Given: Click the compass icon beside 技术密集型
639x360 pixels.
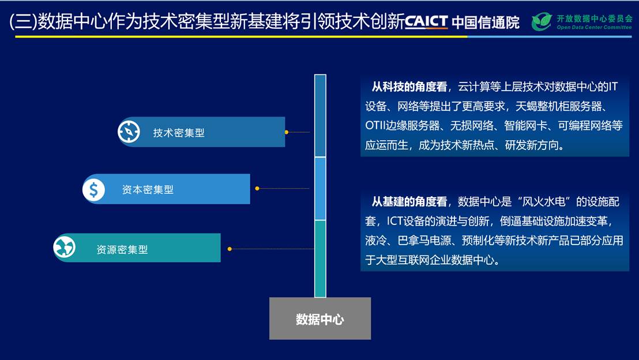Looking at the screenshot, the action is pos(129,132).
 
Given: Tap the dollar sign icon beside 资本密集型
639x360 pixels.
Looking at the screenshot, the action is pos(94,190).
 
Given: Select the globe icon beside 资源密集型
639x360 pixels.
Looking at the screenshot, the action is pos(65,247).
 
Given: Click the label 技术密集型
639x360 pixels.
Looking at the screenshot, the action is pos(179,133).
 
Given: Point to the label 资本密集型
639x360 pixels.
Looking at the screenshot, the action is pos(148,190).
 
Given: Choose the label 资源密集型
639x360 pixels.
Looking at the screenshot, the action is pos(122,249).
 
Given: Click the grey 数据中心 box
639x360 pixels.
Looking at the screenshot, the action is pos(320,318).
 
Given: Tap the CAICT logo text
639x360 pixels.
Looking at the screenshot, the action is pos(426,21).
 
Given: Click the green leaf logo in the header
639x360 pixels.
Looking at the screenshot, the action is pos(542,21).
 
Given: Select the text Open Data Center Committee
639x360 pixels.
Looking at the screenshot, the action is pos(594,27).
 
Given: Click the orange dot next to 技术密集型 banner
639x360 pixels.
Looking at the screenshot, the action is pos(287,132).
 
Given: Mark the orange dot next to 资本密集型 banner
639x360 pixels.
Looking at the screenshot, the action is pos(257,188).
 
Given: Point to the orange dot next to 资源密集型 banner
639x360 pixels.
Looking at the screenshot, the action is pos(230,249).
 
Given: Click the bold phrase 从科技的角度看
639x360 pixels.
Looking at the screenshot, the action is pos(409,87).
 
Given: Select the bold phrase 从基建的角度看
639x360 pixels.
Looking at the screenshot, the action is pos(409,201).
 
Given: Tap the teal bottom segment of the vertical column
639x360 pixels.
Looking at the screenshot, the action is pos(320,258).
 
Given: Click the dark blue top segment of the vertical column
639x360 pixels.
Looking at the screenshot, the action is pos(320,116).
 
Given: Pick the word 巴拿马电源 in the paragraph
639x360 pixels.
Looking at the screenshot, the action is pos(424,241).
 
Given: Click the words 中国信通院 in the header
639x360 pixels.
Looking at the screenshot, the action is pos(486,22).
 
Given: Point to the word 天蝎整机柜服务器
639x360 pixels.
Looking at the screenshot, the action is pos(558,106).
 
